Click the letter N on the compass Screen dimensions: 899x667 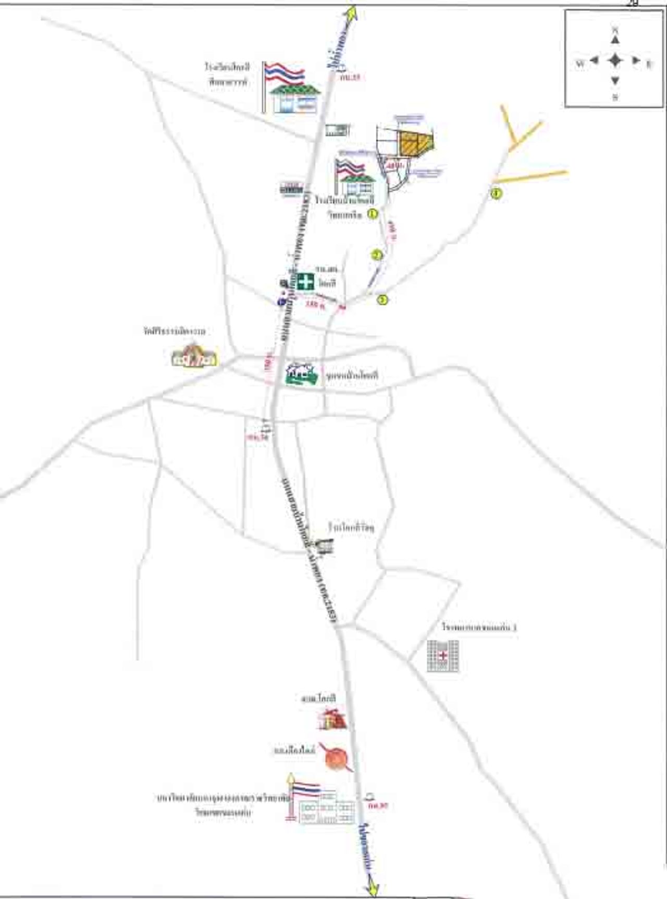(x=615, y=29)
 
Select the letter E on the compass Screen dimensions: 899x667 (x=649, y=65)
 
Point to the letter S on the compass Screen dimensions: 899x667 (x=615, y=97)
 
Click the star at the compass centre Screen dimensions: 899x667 (x=615, y=60)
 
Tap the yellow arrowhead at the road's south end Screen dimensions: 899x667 (x=372, y=886)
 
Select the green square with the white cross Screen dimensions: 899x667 (x=306, y=281)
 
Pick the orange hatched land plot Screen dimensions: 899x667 (x=415, y=143)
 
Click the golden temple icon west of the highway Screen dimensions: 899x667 (x=194, y=356)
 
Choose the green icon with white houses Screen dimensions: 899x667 (x=302, y=373)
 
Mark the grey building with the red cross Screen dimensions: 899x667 (x=443, y=656)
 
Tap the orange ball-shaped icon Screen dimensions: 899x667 (x=336, y=758)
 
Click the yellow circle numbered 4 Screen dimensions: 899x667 (x=497, y=194)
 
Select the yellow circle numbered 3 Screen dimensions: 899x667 (x=383, y=299)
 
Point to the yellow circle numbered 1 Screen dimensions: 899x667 (x=373, y=214)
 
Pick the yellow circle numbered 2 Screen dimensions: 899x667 (x=377, y=255)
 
